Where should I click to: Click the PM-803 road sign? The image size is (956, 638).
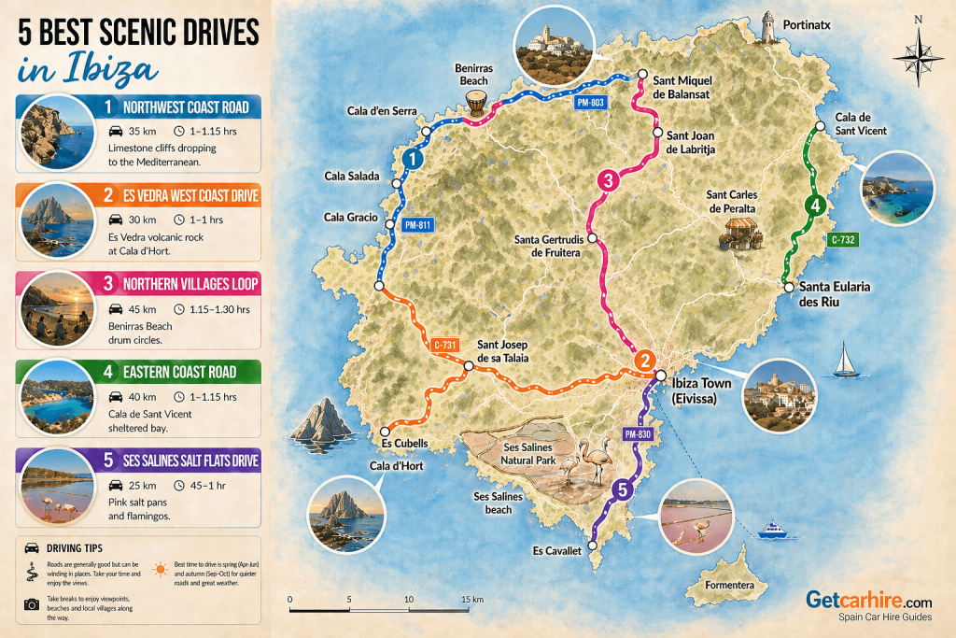[592, 101]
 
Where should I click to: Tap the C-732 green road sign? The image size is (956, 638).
[843, 240]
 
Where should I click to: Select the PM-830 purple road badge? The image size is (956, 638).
[637, 432]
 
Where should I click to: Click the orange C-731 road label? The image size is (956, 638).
[446, 346]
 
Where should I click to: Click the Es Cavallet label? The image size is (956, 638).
[557, 551]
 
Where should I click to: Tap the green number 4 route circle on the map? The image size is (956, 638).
[815, 206]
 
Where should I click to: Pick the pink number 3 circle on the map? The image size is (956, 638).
[608, 181]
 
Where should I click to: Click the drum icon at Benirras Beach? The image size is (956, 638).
[477, 103]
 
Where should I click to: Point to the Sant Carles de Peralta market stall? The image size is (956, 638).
[739, 234]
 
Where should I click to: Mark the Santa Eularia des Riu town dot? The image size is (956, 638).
[789, 287]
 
